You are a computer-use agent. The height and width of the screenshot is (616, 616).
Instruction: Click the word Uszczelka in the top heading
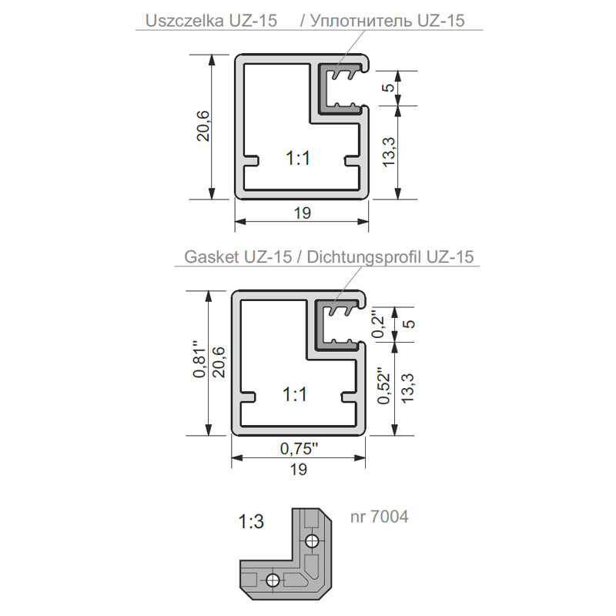[x=184, y=21]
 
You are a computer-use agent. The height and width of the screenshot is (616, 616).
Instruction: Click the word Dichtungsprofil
[x=363, y=258]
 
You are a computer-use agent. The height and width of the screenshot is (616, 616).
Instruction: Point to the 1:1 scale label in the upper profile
[x=298, y=159]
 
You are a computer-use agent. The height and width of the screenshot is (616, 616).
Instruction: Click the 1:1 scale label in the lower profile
[x=295, y=394]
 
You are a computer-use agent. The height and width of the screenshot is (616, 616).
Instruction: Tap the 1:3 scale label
[x=251, y=522]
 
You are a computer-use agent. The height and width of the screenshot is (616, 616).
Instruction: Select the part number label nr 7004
[x=380, y=516]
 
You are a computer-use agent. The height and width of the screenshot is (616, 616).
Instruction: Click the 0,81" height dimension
[x=199, y=359]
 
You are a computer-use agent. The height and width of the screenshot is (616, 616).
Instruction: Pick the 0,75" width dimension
[x=299, y=448]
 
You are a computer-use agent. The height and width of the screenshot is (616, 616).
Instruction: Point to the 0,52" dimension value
[x=383, y=386]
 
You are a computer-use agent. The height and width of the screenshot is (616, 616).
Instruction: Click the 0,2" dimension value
[x=379, y=324]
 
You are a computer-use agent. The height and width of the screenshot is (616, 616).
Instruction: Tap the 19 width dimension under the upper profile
[x=302, y=213]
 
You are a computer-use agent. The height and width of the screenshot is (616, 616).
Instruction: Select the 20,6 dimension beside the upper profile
[x=203, y=126]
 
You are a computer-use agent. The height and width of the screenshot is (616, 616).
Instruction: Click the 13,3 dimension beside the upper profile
[x=389, y=152]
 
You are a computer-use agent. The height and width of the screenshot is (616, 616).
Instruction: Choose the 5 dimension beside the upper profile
[x=388, y=87]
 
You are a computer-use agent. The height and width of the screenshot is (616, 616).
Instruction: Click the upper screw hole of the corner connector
[x=312, y=541]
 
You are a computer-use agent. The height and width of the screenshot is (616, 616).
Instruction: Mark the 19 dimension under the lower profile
[x=299, y=470]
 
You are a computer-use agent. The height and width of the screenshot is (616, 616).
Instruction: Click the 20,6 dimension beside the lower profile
[x=219, y=362]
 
